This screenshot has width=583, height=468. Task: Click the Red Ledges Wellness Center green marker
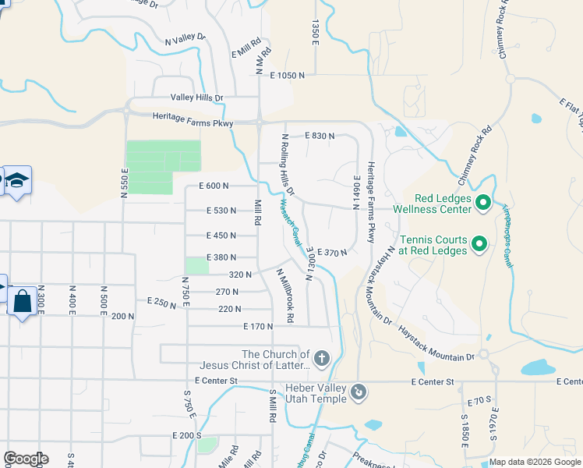pyautogui.click(x=482, y=204)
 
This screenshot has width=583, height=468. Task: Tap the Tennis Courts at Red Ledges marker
pyautogui.click(x=479, y=245)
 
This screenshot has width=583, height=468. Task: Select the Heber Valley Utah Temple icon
pyautogui.click(x=358, y=392)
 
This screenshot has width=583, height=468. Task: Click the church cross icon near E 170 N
pyautogui.click(x=321, y=358)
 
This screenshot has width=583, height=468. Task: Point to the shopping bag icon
pyautogui.click(x=22, y=300)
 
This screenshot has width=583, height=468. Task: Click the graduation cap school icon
pyautogui.click(x=16, y=181)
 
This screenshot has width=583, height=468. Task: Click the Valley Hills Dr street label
pyautogui.click(x=197, y=98)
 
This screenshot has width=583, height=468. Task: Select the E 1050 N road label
pyautogui.click(x=287, y=76)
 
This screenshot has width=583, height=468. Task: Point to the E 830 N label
pyautogui.click(x=320, y=136)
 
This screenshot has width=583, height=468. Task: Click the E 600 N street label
pyautogui.click(x=214, y=186)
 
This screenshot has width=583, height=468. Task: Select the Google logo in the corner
pyautogui.click(x=26, y=459)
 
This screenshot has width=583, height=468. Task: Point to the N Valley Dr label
pyautogui.click(x=185, y=39)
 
